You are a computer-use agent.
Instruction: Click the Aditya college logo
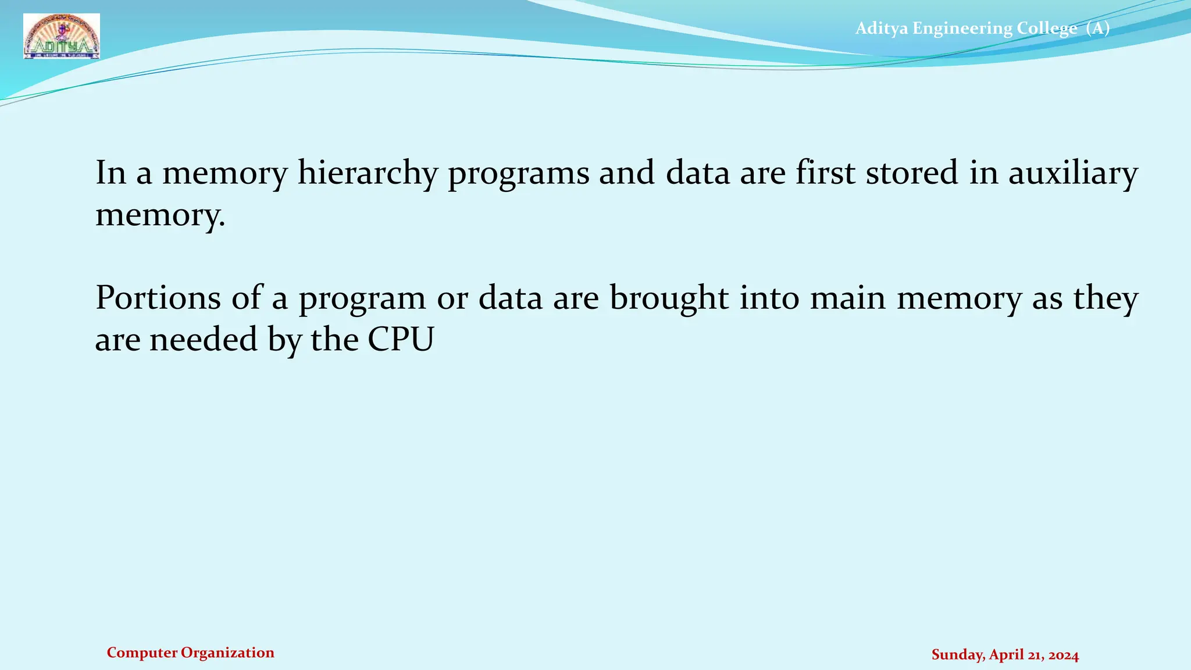62,37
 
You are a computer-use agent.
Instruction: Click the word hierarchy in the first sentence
367,174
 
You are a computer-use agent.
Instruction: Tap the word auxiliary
1072,174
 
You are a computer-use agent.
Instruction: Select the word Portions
158,298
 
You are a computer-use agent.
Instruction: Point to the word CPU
401,340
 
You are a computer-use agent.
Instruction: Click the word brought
669,298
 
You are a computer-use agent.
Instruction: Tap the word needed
203,340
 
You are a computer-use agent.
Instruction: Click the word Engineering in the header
962,28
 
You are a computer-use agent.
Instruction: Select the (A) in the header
1097,28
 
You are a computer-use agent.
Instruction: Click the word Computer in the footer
142,653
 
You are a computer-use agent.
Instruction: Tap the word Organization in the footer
227,653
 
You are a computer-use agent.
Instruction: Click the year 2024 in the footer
1064,655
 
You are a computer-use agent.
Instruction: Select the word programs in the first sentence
518,174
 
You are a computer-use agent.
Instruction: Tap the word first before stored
825,173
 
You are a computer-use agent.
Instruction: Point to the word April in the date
1006,655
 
